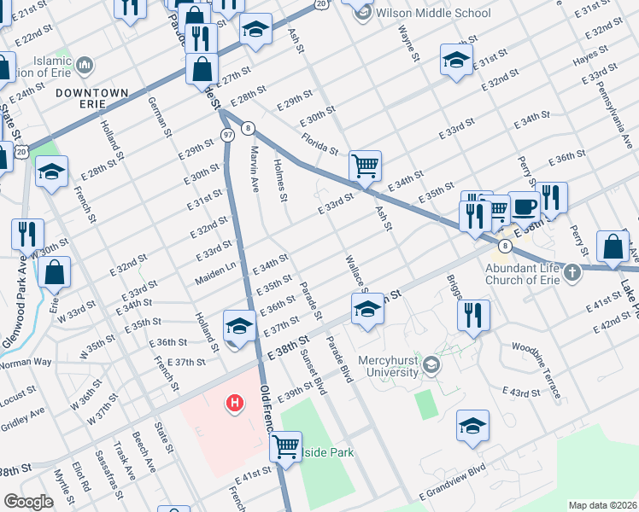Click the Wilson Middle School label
(x=434, y=13)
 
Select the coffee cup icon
(x=524, y=206)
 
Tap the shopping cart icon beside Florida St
(x=365, y=165)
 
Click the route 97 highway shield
(x=226, y=136)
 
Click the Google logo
(x=28, y=502)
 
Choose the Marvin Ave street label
(x=254, y=168)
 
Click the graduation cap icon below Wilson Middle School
(x=456, y=61)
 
